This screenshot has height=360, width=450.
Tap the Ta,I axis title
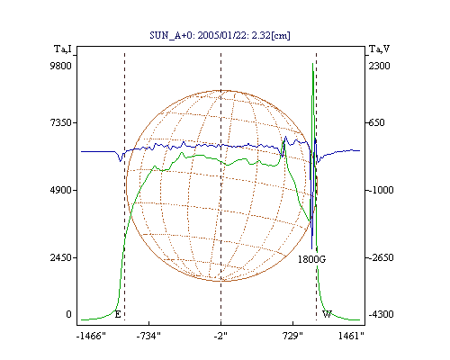(63, 49)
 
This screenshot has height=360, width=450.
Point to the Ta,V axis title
(379, 49)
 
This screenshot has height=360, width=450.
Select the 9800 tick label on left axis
(60, 66)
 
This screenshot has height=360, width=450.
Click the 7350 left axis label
(60, 122)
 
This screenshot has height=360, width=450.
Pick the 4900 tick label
(60, 190)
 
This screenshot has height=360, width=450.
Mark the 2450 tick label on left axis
(60, 257)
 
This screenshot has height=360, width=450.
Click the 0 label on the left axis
(68, 314)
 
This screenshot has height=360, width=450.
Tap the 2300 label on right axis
(379, 66)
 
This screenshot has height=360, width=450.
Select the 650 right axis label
(376, 122)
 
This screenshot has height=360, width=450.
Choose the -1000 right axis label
(381, 190)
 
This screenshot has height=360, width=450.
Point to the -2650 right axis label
(381, 257)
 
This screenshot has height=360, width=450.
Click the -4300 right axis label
(381, 314)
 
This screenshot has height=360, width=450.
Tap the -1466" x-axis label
(91, 336)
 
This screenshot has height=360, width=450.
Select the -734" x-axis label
(148, 336)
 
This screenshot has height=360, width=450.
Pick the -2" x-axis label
(220, 336)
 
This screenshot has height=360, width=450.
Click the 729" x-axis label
(292, 336)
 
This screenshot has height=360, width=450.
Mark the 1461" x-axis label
(351, 336)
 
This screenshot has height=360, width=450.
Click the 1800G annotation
(311, 259)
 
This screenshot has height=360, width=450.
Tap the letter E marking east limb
(118, 314)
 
